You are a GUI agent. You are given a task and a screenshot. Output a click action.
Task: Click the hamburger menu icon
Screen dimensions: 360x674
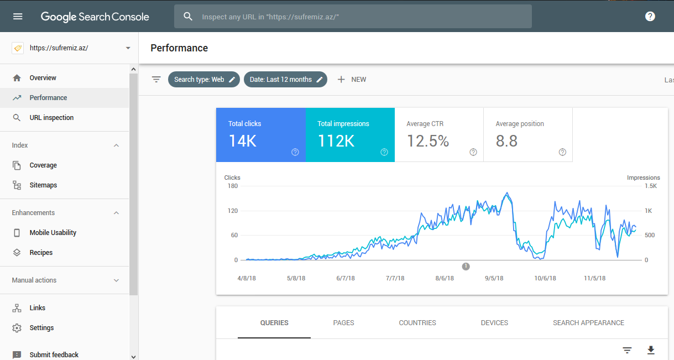[x=18, y=17]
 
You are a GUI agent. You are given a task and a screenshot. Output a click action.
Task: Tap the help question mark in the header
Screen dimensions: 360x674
[x=650, y=17]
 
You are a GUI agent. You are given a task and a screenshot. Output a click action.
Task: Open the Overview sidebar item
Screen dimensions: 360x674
[x=43, y=78]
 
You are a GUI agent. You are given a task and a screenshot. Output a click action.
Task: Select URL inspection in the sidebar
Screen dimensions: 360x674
[x=51, y=118]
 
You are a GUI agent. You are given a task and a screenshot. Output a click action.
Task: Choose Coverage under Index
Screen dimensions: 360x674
[x=43, y=165]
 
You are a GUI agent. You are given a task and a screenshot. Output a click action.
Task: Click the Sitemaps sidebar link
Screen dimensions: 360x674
[x=43, y=185]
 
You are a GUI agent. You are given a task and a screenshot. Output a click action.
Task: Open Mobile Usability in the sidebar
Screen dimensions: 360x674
[x=53, y=233]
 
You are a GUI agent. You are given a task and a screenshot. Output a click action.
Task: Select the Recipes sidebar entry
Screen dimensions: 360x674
[x=41, y=253]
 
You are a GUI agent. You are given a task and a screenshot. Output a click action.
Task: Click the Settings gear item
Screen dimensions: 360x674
[x=41, y=328]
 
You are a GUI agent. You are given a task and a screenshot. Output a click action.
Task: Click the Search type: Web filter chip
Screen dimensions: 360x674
[x=204, y=80]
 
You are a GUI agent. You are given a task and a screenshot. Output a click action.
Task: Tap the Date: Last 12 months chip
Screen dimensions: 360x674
[x=285, y=80]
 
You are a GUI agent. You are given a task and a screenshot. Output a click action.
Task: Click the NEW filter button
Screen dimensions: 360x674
[x=352, y=80]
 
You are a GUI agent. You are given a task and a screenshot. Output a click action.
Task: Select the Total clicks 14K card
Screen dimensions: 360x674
[x=260, y=135]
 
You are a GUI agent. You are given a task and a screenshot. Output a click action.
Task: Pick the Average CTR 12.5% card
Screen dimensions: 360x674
[x=439, y=135]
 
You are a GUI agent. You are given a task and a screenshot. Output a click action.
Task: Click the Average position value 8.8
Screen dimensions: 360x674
[x=506, y=141]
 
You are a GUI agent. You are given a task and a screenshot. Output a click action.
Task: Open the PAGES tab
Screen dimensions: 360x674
[x=343, y=323]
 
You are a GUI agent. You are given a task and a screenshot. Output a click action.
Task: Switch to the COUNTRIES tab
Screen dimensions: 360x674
[x=417, y=323]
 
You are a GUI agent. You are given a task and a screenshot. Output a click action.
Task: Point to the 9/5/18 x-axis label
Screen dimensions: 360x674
[x=494, y=278]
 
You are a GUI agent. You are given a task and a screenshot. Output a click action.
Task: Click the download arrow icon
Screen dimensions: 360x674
[x=651, y=350]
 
